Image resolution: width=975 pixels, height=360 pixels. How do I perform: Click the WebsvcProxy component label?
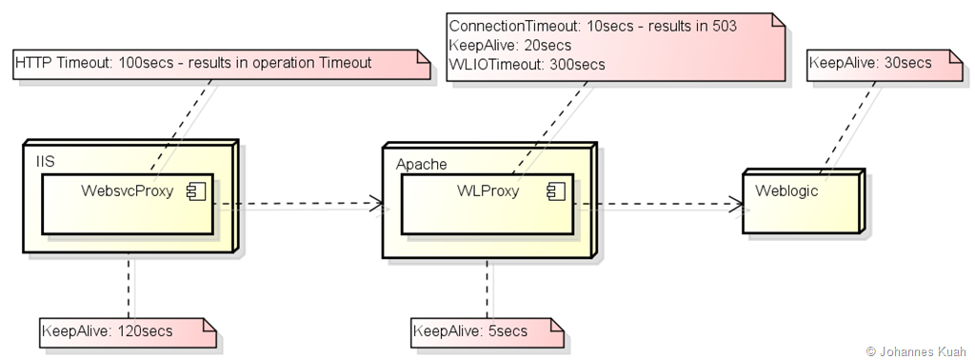[128, 190]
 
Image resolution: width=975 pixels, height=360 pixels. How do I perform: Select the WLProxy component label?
[488, 190]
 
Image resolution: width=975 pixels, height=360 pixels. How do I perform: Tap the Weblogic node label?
[786, 190]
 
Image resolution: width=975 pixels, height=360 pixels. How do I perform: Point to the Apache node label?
[422, 164]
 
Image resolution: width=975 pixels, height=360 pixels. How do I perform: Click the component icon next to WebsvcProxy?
[196, 192]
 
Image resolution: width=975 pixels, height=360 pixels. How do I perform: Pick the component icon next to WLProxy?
[556, 192]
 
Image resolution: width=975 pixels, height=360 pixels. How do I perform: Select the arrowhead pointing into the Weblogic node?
[736, 203]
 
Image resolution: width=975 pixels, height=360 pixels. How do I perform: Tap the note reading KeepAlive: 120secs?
[129, 332]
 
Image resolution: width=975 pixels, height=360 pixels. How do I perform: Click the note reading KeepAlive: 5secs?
[487, 332]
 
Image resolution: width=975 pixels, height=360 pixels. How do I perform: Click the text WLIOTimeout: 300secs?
[527, 65]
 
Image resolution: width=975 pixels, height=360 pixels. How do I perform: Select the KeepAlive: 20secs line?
[510, 46]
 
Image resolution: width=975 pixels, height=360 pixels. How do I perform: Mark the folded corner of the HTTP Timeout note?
[423, 57]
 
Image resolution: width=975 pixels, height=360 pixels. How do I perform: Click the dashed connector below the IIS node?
[129, 286]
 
